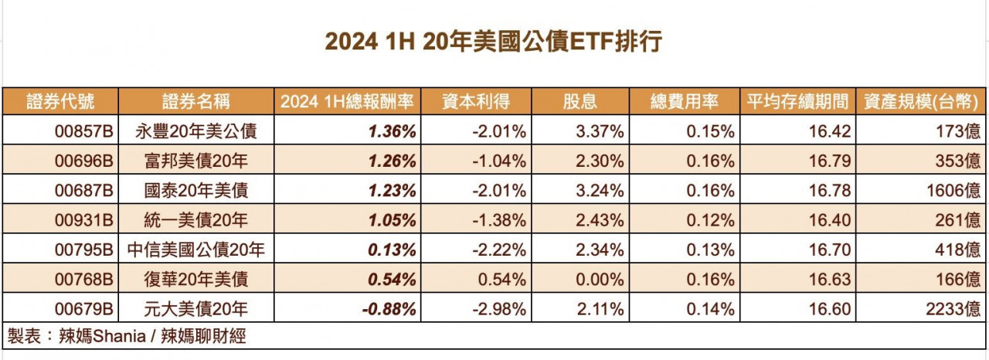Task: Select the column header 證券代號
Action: point(60,101)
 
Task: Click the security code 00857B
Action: point(85,131)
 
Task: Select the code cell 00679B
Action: point(85,309)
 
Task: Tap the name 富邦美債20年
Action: point(196,161)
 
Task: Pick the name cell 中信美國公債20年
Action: point(196,250)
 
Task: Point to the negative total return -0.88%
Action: point(389,309)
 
